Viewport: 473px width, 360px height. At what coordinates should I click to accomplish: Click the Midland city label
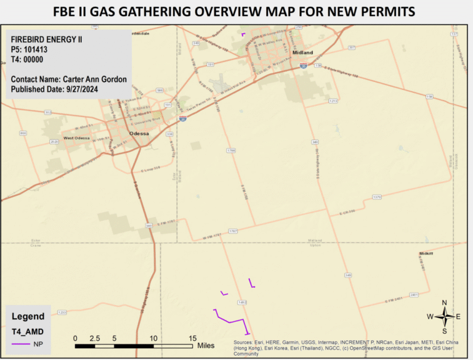(303, 53)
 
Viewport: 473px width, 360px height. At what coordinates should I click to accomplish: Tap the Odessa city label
(139, 133)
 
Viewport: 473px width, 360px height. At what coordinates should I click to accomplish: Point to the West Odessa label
(78, 138)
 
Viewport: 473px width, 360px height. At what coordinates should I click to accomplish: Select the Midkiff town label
(426, 253)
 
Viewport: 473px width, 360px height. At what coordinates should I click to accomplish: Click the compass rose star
(444, 316)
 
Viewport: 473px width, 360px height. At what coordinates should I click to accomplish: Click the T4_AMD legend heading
(28, 331)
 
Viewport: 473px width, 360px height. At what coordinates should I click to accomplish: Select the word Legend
(28, 316)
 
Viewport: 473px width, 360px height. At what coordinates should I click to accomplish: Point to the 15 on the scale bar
(192, 338)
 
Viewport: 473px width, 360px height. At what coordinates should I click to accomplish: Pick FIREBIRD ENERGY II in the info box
(47, 40)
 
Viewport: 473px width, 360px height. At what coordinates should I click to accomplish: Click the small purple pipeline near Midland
(243, 35)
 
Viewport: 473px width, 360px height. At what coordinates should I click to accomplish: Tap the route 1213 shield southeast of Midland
(334, 100)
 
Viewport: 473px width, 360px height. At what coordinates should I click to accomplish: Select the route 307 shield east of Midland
(352, 47)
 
